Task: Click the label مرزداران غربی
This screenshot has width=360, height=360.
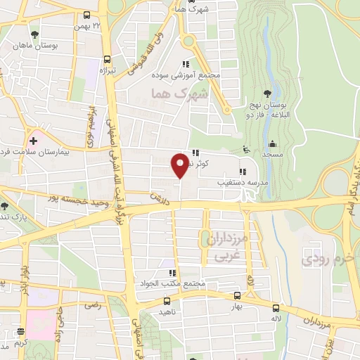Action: tap(229, 245)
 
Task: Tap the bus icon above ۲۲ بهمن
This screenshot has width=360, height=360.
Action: tap(87, 15)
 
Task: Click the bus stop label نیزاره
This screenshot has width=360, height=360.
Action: tap(106, 71)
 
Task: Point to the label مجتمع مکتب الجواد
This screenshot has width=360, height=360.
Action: tap(173, 284)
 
